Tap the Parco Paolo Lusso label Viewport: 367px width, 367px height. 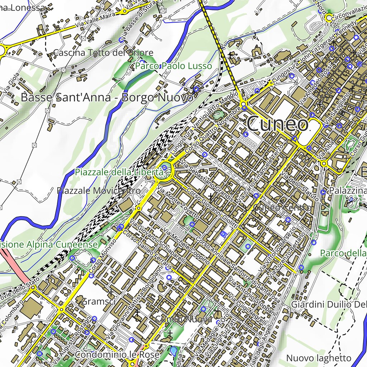(173, 66)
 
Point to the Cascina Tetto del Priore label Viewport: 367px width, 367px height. (103, 53)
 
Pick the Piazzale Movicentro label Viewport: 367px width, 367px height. (99, 191)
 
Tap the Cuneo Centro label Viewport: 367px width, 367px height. (282, 208)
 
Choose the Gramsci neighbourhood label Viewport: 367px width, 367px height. (98, 302)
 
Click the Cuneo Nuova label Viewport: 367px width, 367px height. (184, 319)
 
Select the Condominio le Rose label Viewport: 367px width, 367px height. (117, 355)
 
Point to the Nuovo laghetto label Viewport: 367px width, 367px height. (319, 358)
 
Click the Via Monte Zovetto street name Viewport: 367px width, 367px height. (178, 202)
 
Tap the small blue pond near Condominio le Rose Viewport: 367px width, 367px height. (173, 351)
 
